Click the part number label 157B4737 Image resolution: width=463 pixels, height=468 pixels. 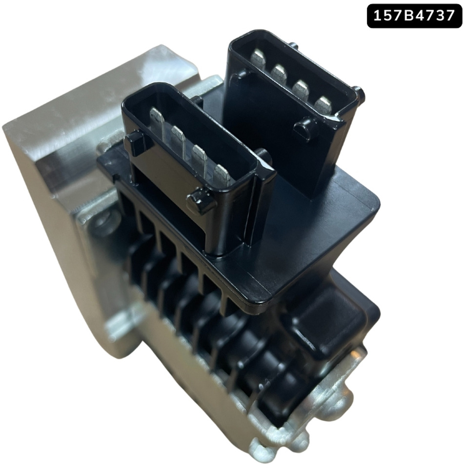[x=414, y=16]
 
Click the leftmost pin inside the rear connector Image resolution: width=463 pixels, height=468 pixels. [x=258, y=58]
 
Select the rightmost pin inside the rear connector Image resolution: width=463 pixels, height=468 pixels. [x=322, y=104]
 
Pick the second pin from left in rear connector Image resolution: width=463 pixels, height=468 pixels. [x=279, y=73]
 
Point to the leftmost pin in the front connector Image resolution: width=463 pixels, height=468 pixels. [x=157, y=117]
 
